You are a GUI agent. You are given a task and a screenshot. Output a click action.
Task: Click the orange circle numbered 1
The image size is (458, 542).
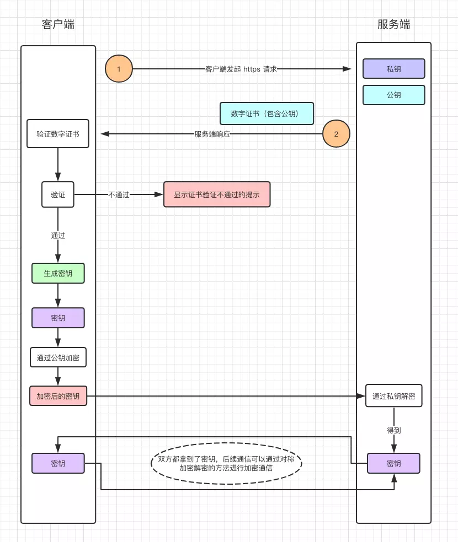coord(119,69)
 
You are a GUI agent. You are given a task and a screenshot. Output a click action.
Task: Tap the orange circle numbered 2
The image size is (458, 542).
coord(336,134)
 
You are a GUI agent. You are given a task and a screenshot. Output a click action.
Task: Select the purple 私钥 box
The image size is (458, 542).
coord(393,69)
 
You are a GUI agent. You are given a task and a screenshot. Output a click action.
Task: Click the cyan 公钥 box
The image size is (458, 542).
coord(393,95)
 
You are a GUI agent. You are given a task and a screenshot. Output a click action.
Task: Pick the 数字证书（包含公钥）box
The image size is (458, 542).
coord(267,113)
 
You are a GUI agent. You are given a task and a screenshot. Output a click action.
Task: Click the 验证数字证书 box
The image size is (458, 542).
coord(58,134)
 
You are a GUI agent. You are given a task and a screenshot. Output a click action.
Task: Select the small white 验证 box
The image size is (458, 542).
coord(58,194)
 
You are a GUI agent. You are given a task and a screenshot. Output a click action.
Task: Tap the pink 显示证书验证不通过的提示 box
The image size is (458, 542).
coord(217,194)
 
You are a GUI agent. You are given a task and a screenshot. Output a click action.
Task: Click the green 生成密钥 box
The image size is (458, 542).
coord(58,273)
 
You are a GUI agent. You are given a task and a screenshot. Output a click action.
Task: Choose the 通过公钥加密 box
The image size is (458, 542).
coord(58,357)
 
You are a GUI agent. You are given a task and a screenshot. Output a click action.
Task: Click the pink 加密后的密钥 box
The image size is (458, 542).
coord(58,396)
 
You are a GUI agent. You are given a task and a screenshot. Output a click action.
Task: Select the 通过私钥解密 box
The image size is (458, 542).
coord(393,396)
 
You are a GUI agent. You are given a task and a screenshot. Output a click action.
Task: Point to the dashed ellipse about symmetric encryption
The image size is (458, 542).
coord(226,463)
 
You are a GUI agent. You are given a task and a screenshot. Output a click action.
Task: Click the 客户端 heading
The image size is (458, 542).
coord(58,24)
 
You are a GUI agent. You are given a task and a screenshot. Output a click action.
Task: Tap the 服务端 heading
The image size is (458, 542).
coord(393,24)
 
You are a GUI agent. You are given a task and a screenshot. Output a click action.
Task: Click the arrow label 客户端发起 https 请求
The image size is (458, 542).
coord(241,69)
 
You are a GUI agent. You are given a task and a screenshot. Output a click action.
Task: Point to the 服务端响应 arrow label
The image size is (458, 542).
coord(212,134)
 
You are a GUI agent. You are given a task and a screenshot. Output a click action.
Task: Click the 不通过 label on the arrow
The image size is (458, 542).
coord(119,194)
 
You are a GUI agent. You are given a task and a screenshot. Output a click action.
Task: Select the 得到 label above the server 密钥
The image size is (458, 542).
coord(393,430)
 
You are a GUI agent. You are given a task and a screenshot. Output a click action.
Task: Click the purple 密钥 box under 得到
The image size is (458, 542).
coord(393,463)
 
